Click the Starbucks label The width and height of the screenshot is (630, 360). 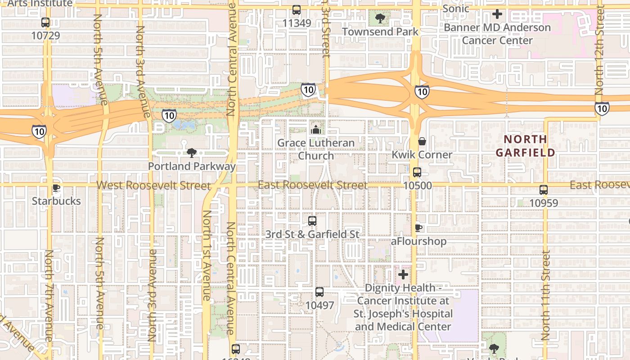56,201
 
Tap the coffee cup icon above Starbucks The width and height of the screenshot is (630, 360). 56,188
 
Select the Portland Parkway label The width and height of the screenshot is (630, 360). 192,166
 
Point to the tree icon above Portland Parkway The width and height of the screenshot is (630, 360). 192,153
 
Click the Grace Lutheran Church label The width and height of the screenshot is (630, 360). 316,149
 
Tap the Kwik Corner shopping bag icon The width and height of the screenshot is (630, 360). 422,141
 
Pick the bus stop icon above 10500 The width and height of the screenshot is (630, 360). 417,172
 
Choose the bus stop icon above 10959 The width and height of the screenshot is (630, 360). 544,190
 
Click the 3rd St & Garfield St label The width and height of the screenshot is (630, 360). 312,234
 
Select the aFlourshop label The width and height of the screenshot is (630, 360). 418,241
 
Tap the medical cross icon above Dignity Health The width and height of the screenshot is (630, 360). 403,274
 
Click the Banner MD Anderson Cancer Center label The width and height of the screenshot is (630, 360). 497,34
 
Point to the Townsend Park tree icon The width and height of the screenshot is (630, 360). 380,18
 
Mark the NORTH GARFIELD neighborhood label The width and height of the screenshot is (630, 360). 525,146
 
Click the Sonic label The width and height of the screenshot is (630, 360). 456,9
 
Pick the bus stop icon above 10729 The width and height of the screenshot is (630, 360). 45,22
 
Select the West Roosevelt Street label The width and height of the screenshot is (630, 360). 153,185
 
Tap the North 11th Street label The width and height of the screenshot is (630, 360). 546,295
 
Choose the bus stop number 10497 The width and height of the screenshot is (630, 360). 319,305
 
